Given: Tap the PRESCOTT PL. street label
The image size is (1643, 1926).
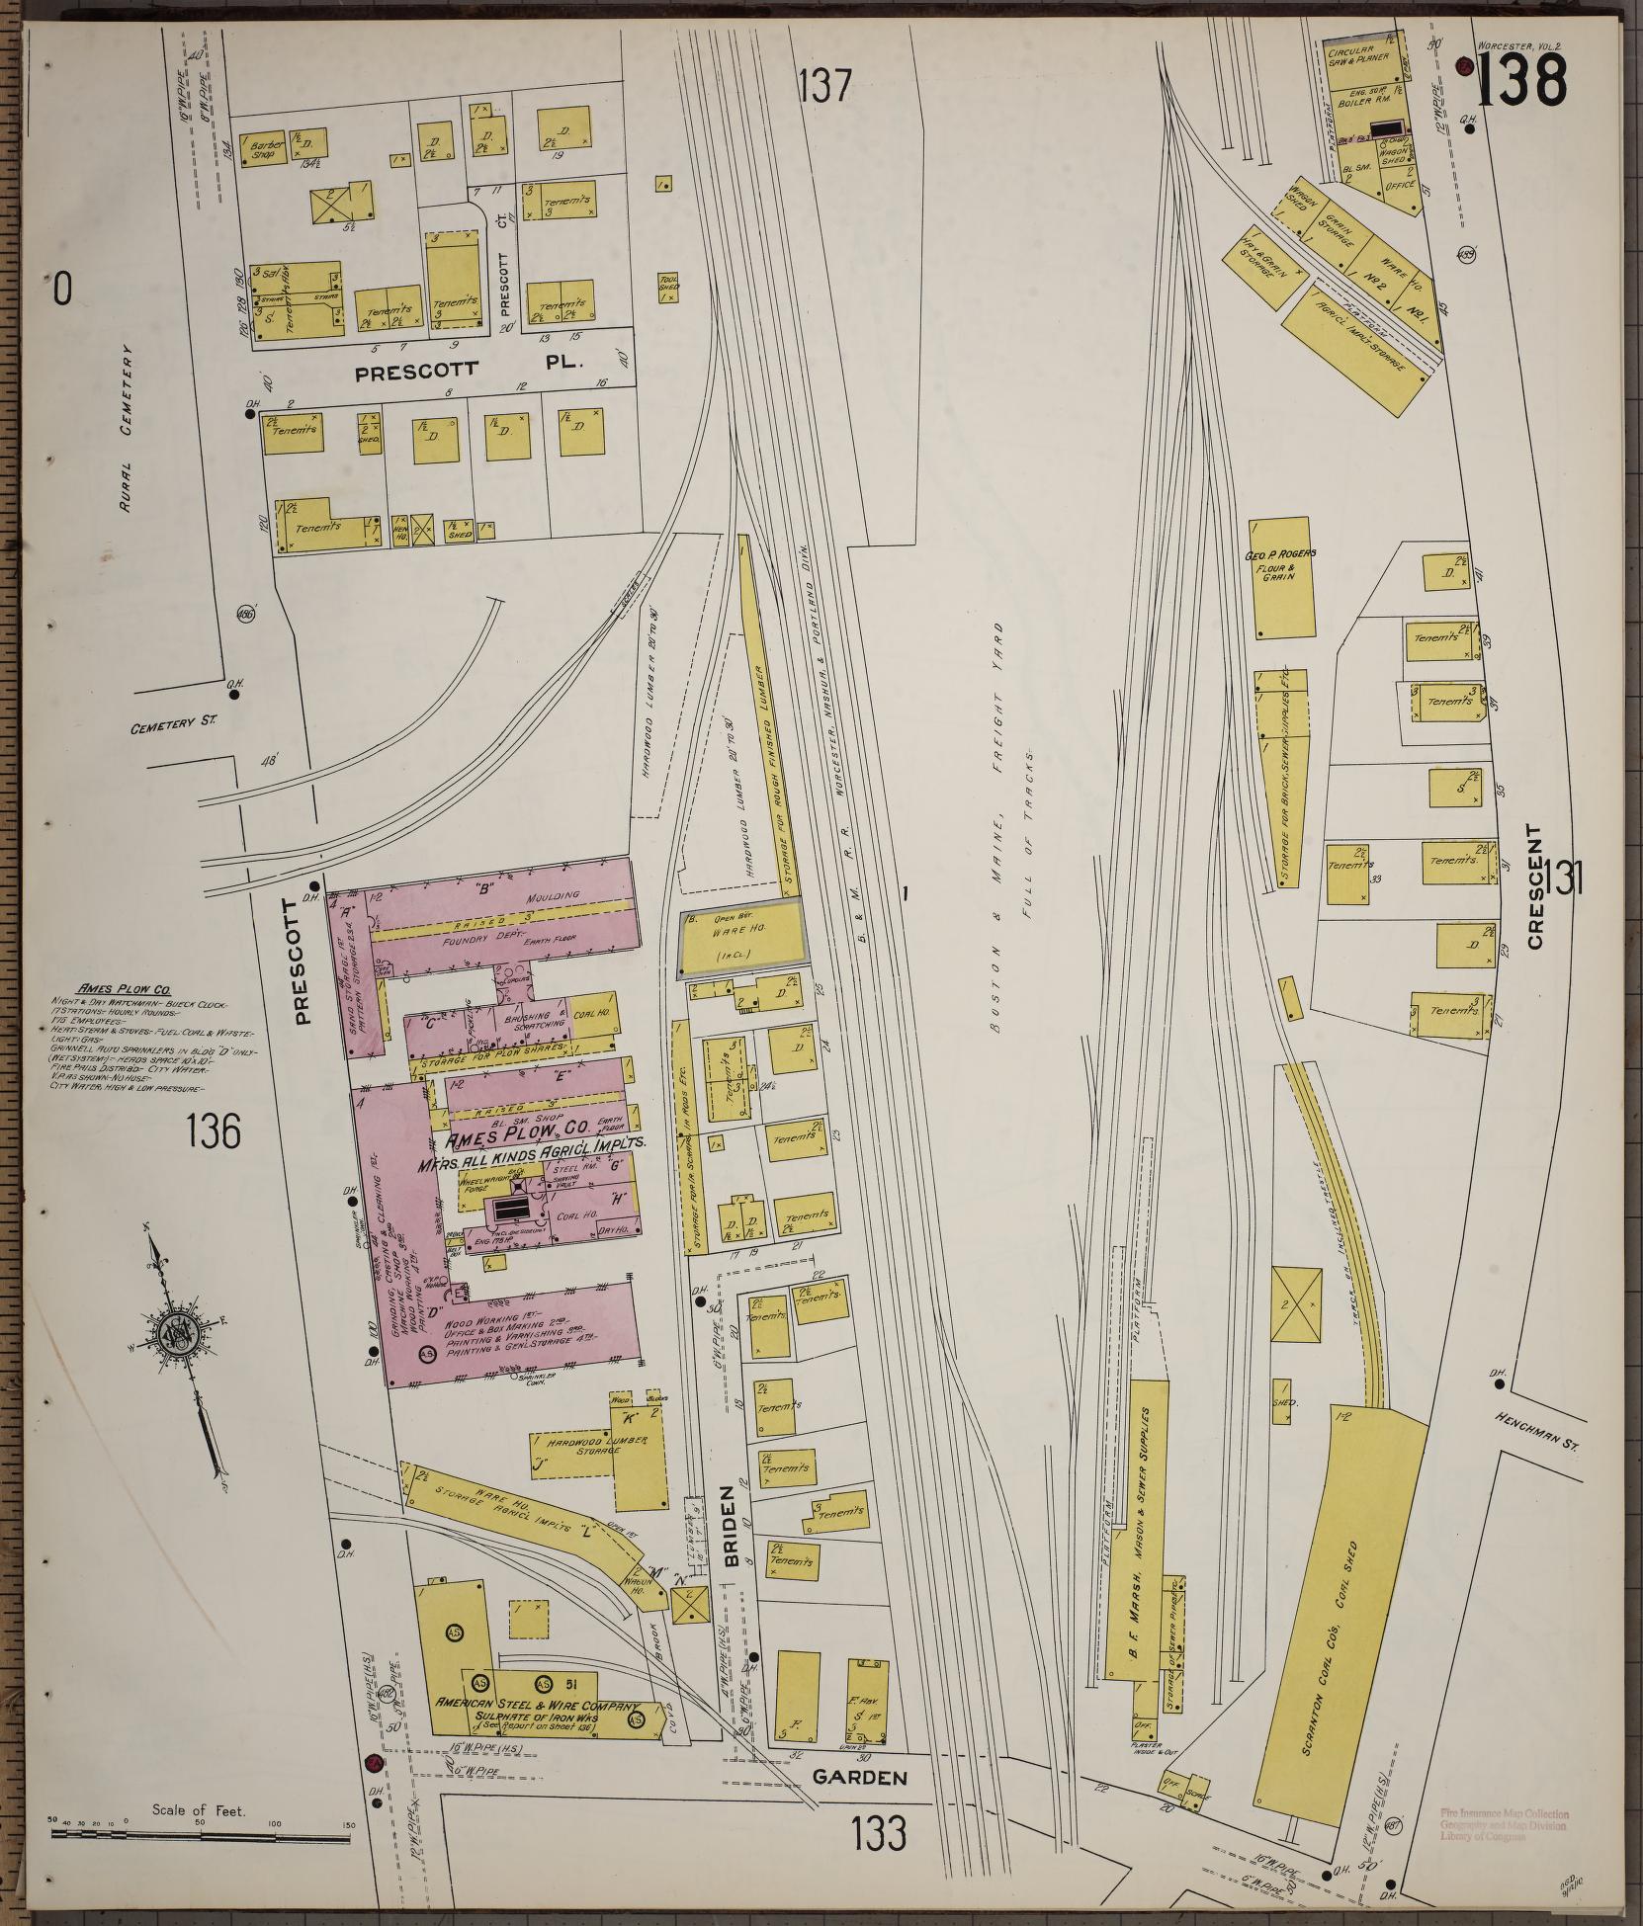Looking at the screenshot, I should point(470,370).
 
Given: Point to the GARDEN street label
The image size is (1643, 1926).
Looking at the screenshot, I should point(858,1778).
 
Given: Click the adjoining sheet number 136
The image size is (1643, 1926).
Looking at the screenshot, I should point(213,1131).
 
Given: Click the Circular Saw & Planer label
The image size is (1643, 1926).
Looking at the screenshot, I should point(1358,54).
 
